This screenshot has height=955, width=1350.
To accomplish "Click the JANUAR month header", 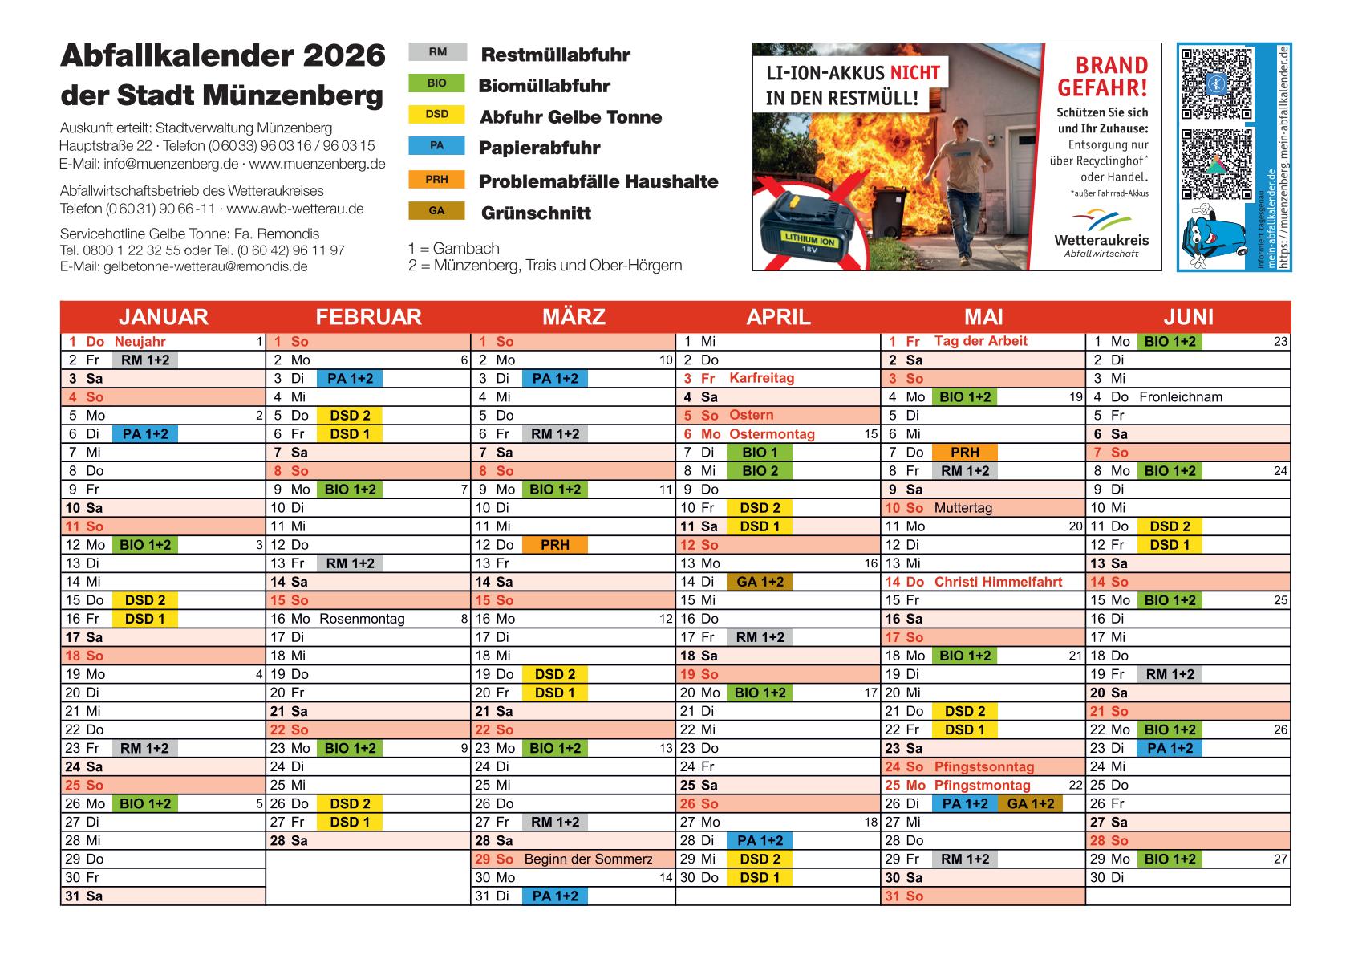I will (164, 316).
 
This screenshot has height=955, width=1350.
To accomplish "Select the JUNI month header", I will (1188, 316).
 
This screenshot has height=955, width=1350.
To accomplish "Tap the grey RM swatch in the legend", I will (437, 52).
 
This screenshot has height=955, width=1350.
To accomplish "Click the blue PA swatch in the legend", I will (437, 146).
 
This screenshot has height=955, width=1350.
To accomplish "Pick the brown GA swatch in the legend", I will (437, 211).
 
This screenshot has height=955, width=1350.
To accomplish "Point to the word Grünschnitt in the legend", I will (536, 213).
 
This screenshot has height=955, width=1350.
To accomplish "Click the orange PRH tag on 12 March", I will (554, 545).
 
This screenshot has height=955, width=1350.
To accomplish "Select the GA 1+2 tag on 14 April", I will (759, 582).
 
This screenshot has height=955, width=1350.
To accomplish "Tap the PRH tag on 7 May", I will (964, 453).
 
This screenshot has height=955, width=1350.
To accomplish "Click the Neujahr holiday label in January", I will (140, 342).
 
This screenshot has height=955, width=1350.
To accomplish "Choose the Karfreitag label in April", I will (761, 378).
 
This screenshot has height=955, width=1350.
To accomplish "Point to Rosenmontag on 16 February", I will (362, 619).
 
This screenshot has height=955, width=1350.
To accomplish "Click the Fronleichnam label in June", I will (1180, 396).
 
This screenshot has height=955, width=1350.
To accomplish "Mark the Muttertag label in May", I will (963, 508).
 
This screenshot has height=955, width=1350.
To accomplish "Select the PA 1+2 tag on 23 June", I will (1170, 748).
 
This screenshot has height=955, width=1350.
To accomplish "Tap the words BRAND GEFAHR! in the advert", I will (1102, 76).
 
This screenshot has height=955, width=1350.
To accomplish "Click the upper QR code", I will (1216, 83).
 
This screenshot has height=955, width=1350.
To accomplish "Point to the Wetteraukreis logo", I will (1101, 229).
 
